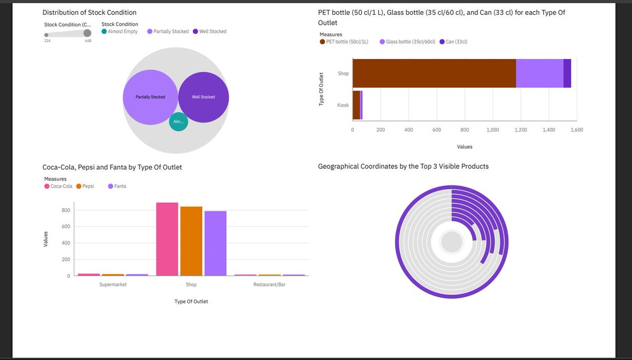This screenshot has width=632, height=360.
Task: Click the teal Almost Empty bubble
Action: (x=179, y=122)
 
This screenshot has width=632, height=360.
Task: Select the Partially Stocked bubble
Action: (x=150, y=97)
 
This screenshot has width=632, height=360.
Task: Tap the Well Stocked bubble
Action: (x=203, y=97)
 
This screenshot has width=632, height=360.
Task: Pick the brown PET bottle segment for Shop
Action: (x=434, y=73)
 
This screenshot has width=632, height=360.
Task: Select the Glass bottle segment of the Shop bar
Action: (x=539, y=73)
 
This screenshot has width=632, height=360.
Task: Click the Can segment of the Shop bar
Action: (x=567, y=73)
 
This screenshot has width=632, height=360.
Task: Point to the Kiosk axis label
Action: (x=343, y=105)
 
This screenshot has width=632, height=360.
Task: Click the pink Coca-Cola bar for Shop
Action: (x=167, y=239)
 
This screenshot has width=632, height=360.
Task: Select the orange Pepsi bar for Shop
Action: (x=191, y=241)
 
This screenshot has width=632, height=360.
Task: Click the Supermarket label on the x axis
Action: (x=113, y=285)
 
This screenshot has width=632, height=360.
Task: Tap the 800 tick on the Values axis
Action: (x=66, y=211)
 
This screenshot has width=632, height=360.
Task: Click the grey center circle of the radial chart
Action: (x=451, y=243)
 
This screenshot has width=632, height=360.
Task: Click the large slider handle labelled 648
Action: (x=87, y=34)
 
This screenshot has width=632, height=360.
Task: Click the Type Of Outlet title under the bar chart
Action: (x=191, y=302)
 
